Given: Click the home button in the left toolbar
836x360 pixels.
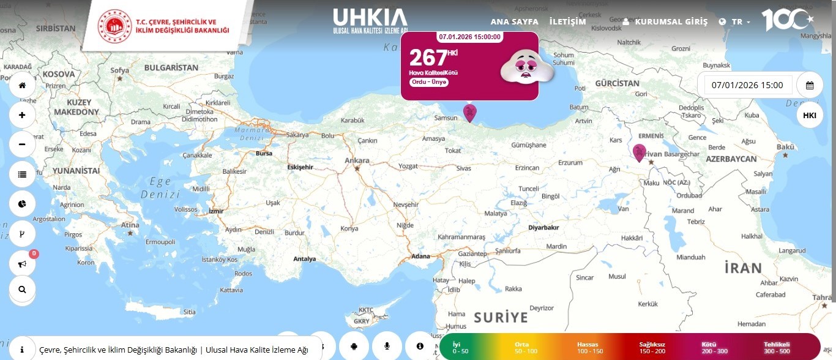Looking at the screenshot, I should [22, 85].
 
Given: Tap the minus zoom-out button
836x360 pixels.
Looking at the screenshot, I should [22, 144].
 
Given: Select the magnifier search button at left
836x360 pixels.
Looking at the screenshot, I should [22, 290].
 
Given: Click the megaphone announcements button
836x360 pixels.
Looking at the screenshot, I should [22, 264].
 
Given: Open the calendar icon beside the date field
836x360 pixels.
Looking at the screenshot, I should [809, 85].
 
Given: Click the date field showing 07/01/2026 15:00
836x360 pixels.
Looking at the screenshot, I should [747, 85].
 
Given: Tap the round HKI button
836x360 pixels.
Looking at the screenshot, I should [809, 115].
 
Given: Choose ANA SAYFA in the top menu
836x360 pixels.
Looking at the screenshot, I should [514, 21].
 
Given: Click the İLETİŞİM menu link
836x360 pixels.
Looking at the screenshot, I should [567, 21].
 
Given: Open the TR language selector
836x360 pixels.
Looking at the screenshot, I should [736, 21].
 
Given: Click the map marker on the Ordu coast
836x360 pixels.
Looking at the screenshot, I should [469, 113].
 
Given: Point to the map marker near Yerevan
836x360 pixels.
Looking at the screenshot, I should [639, 152].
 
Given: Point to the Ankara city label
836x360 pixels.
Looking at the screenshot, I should [357, 160].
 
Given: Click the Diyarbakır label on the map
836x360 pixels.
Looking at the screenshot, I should [543, 227].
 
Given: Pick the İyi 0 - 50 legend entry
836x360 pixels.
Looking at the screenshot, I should [460, 347].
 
